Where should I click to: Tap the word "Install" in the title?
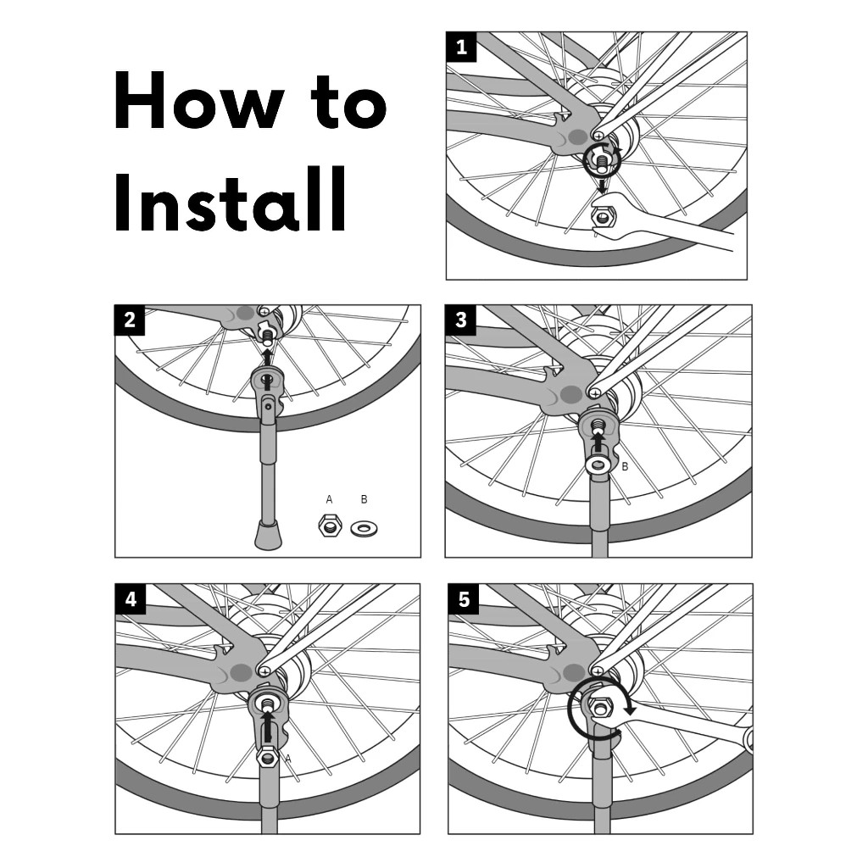click(231, 199)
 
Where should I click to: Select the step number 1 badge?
click(461, 47)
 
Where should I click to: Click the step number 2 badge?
click(130, 320)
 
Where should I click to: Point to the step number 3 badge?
click(460, 320)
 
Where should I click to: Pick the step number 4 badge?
click(131, 599)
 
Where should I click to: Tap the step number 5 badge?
click(464, 599)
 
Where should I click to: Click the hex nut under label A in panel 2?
click(330, 525)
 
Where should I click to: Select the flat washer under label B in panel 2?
click(364, 529)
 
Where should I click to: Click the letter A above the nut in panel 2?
click(330, 499)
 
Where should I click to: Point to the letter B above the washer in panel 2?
click(364, 499)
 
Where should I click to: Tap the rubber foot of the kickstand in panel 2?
click(268, 535)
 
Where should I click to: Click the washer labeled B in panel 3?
click(598, 464)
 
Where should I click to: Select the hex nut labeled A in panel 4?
click(267, 756)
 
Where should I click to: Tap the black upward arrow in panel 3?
click(598, 442)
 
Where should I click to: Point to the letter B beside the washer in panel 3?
click(625, 467)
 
